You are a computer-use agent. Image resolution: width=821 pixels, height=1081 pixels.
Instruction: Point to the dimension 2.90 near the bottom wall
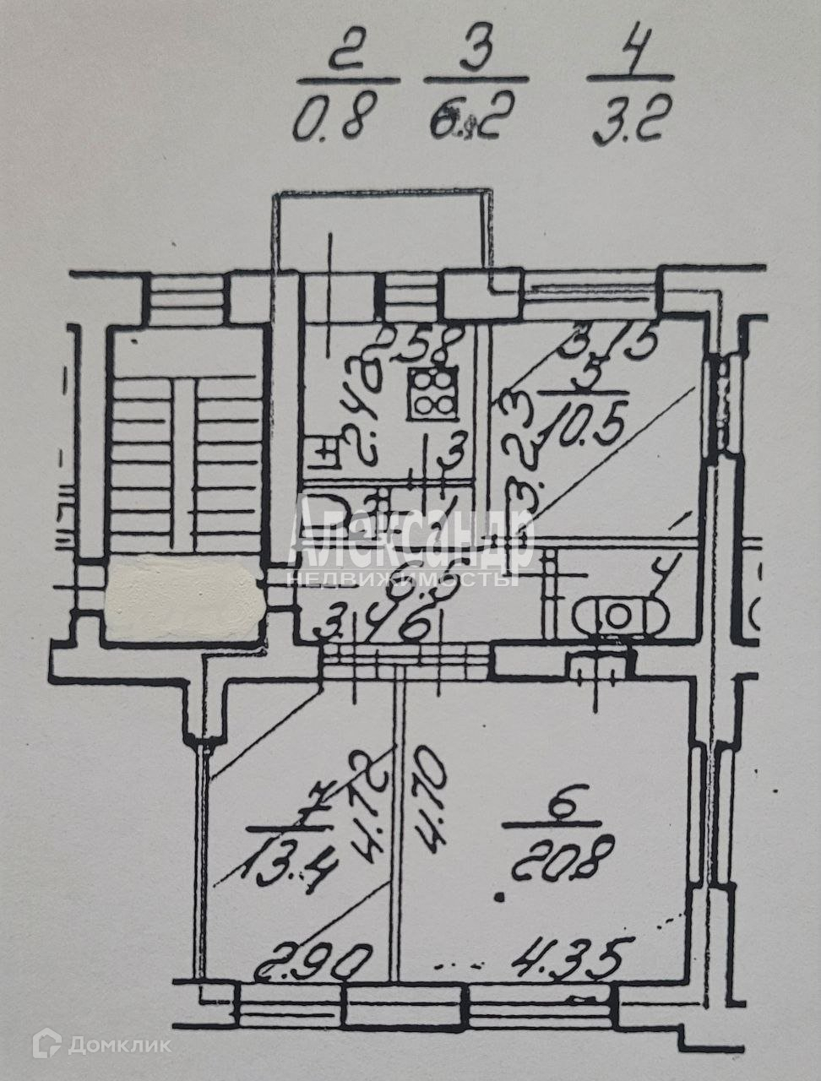314,960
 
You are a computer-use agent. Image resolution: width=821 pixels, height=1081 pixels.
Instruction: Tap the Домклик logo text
118,1046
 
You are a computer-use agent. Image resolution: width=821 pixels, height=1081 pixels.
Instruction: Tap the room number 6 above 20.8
558,808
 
